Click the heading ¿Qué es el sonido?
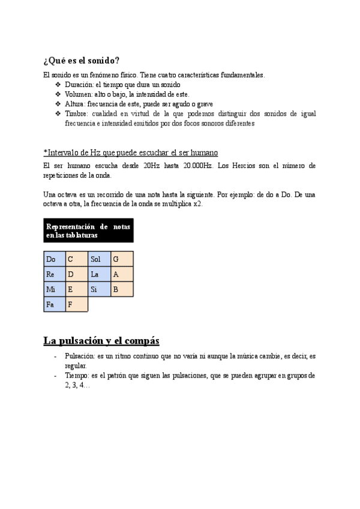[81, 61]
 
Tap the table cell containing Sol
[99, 259]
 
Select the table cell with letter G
[122, 259]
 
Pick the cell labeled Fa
[55, 304]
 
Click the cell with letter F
[76, 304]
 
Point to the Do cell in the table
[55, 259]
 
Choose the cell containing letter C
[76, 259]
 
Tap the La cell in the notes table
[99, 274]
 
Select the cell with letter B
[122, 289]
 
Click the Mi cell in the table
[55, 289]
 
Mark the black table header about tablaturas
[88, 231]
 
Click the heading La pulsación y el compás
[101, 341]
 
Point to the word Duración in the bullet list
[79, 85]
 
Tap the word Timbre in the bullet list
[76, 113]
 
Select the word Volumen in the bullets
[78, 94]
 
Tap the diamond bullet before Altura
[58, 104]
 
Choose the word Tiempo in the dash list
[77, 376]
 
